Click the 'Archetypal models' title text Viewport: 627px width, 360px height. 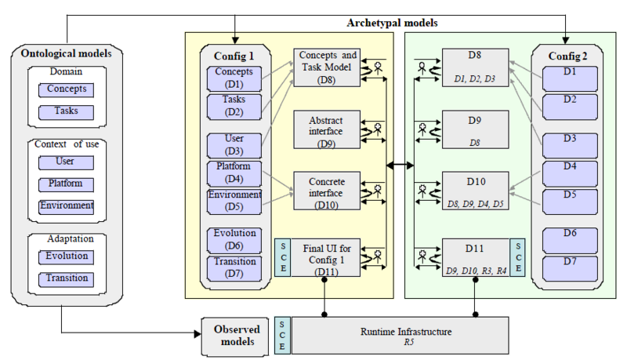(x=392, y=22)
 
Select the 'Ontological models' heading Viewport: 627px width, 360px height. (x=67, y=53)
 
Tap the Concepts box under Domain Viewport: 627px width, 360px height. (x=66, y=89)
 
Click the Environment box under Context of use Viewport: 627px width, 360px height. (x=66, y=206)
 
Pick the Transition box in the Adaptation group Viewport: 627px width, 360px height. (x=66, y=278)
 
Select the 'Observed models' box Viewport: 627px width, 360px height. (x=235, y=335)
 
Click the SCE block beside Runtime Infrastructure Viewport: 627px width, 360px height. (x=282, y=335)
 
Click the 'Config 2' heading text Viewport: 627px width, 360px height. (x=565, y=54)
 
